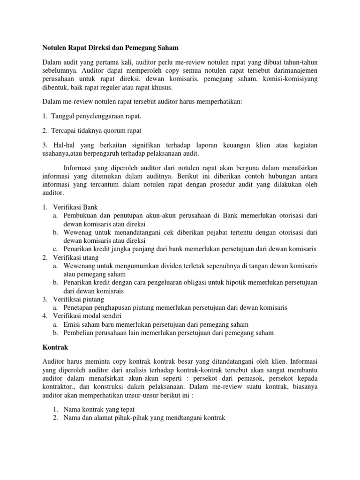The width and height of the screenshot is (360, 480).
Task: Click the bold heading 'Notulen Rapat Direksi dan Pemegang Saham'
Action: click(x=111, y=47)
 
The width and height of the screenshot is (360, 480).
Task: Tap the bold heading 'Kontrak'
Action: click(x=56, y=349)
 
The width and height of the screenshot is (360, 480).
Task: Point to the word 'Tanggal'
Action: click(x=67, y=116)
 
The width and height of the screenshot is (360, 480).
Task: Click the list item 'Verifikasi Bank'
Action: click(x=75, y=207)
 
